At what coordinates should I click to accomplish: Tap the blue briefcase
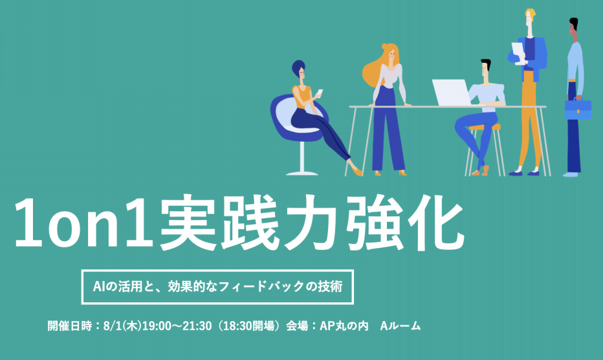click(x=578, y=109)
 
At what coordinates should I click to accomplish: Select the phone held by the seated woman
click(x=319, y=93)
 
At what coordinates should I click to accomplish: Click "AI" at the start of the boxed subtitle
click(x=99, y=286)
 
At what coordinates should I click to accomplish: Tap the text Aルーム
click(x=400, y=326)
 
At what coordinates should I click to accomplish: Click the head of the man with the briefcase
click(x=574, y=29)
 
